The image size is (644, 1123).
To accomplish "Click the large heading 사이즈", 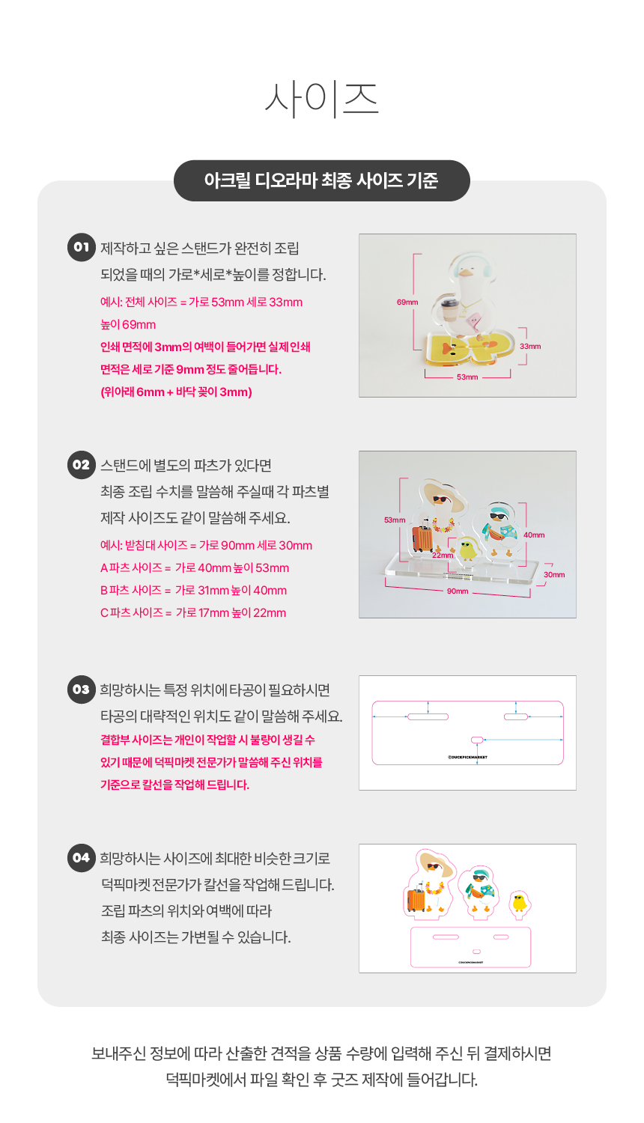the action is point(321,100).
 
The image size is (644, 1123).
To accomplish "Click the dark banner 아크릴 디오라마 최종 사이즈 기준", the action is point(321,180).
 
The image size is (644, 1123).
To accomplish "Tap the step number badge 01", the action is point(82,247).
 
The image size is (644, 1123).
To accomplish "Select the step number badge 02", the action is point(82,465).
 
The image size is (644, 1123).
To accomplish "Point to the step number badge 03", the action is point(82,690).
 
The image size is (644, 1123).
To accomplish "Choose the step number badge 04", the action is point(82,858).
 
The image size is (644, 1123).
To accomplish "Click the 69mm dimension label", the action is point(407,302).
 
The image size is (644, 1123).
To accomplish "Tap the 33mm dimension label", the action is point(530,347).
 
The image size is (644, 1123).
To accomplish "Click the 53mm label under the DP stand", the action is point(467,377).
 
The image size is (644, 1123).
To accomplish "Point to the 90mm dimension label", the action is point(458,591).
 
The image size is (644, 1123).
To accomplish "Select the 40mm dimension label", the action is point(534,535).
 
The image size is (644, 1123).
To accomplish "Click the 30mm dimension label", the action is point(554,574).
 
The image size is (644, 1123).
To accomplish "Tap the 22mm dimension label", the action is point(443,555).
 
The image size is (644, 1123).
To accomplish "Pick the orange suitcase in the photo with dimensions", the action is point(422,538).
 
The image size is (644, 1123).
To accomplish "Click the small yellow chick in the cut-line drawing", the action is point(520,902).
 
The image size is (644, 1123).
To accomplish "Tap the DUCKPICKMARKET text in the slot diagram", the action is point(467,757).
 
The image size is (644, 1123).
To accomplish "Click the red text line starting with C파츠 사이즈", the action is point(193,612).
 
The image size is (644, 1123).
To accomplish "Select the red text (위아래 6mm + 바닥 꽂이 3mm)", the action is point(176,392).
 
